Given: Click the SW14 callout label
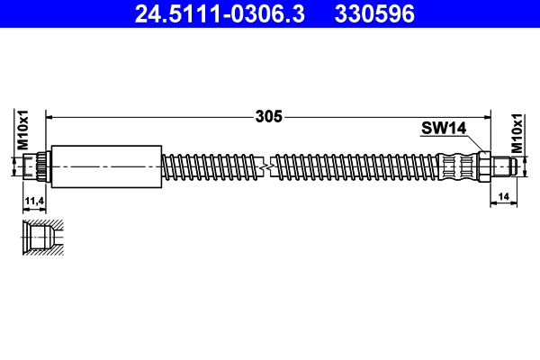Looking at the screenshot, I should pyautogui.click(x=442, y=129).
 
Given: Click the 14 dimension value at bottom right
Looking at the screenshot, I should pyautogui.click(x=503, y=194).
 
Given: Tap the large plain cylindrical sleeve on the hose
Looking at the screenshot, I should pyautogui.click(x=106, y=166).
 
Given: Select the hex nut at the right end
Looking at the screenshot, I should pyautogui.click(x=484, y=166).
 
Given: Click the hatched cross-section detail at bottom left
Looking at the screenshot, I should pyautogui.click(x=41, y=238).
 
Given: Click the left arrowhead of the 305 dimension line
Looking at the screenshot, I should pyautogui.click(x=50, y=116).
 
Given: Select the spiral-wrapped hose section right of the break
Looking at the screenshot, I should pyautogui.click(x=360, y=166).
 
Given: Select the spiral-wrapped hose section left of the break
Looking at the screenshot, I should pyautogui.click(x=211, y=166).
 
